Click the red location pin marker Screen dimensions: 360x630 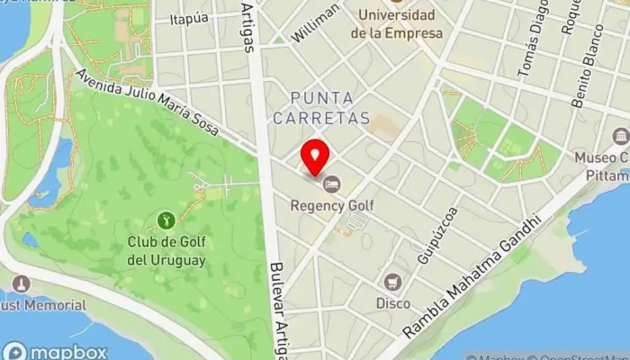point(314,157)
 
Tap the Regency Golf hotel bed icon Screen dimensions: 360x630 point(332,184)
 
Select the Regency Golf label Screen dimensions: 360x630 point(332,205)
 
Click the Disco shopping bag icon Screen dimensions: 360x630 point(392,282)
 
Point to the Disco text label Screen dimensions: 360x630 point(392,303)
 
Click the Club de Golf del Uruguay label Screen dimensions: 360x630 point(166,251)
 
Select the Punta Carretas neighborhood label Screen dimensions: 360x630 point(330,107)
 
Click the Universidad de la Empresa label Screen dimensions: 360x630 point(397,24)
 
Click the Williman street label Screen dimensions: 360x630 point(317,22)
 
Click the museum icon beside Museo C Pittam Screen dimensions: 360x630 point(620,137)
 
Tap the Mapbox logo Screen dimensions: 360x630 point(54,351)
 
